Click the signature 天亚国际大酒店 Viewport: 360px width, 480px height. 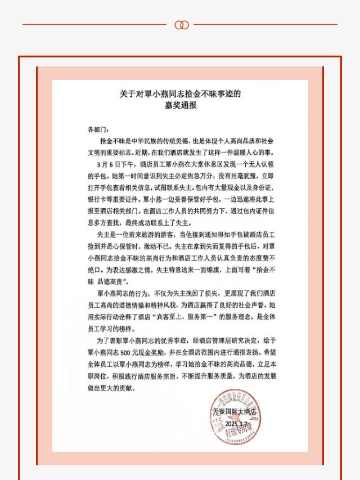(234, 412)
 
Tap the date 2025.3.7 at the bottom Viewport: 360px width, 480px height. (237, 423)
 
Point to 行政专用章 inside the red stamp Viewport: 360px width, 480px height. (237, 433)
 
